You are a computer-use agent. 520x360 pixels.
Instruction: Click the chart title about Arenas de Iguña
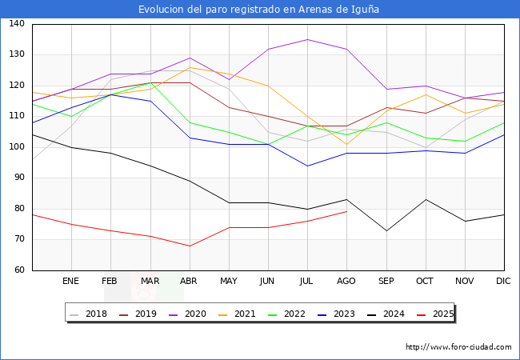point(259,9)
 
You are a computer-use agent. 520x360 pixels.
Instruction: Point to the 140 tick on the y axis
point(17,25)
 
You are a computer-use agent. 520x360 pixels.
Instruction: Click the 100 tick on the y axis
point(17,148)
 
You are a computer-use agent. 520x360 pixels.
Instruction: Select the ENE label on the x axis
point(71,282)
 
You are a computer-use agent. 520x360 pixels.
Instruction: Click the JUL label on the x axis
point(307,282)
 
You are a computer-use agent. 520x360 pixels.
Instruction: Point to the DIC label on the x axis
point(503,282)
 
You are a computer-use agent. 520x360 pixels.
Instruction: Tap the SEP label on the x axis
point(386,282)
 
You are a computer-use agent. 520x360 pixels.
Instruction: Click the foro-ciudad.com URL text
point(458,347)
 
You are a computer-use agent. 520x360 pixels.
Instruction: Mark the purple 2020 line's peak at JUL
point(307,39)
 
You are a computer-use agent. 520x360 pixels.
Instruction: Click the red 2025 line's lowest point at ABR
point(190,246)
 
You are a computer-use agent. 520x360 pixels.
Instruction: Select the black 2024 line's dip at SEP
point(386,230)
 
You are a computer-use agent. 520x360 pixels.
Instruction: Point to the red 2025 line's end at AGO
point(346,212)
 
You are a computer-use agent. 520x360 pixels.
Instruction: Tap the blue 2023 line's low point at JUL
point(307,166)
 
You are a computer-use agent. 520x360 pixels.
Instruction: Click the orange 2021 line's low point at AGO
point(346,144)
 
